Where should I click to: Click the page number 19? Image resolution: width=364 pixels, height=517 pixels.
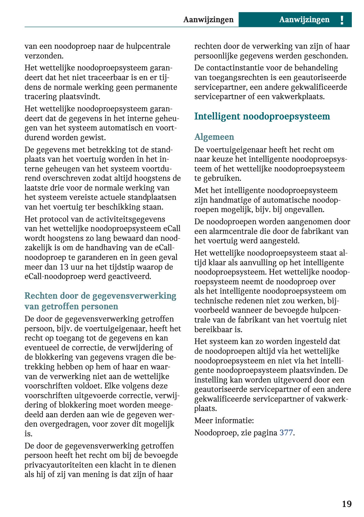pos(347,504)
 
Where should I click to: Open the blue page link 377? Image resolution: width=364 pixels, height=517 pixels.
pos(286,433)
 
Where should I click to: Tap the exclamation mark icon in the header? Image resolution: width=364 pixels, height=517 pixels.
pos(342,20)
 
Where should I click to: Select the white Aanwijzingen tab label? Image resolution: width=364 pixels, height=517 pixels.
pos(304,20)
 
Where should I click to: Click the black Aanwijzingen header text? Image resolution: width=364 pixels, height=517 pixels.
pos(208,20)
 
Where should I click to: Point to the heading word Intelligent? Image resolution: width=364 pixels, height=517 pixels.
pos(217,116)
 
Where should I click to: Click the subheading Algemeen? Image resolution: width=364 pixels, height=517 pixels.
pos(214,137)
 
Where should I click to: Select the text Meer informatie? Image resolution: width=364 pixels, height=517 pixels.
pos(224,420)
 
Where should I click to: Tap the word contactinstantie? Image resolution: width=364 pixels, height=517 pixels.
pos(233,68)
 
